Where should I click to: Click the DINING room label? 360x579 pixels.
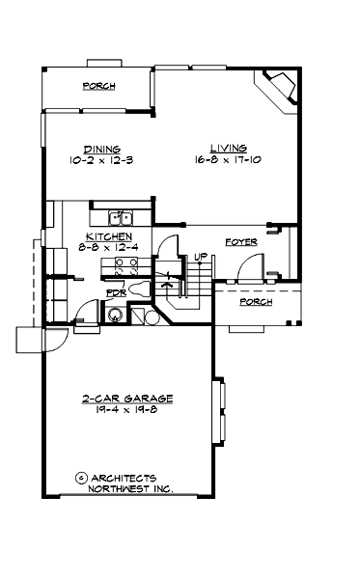(101, 149)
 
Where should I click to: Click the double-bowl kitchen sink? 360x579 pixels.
(121, 217)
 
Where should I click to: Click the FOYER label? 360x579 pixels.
(240, 242)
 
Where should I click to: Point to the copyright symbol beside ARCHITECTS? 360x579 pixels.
(80, 478)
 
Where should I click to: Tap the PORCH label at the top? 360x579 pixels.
(98, 86)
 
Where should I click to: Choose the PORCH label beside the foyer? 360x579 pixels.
(257, 302)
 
